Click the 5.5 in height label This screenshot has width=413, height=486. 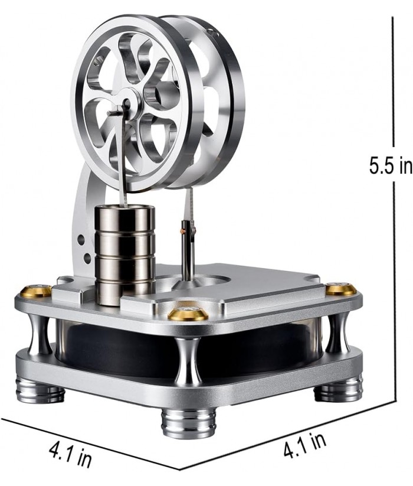tap(391, 165)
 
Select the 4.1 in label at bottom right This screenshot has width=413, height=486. tap(305, 444)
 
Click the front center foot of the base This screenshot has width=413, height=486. tap(188, 419)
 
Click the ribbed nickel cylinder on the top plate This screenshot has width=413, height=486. tap(124, 252)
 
